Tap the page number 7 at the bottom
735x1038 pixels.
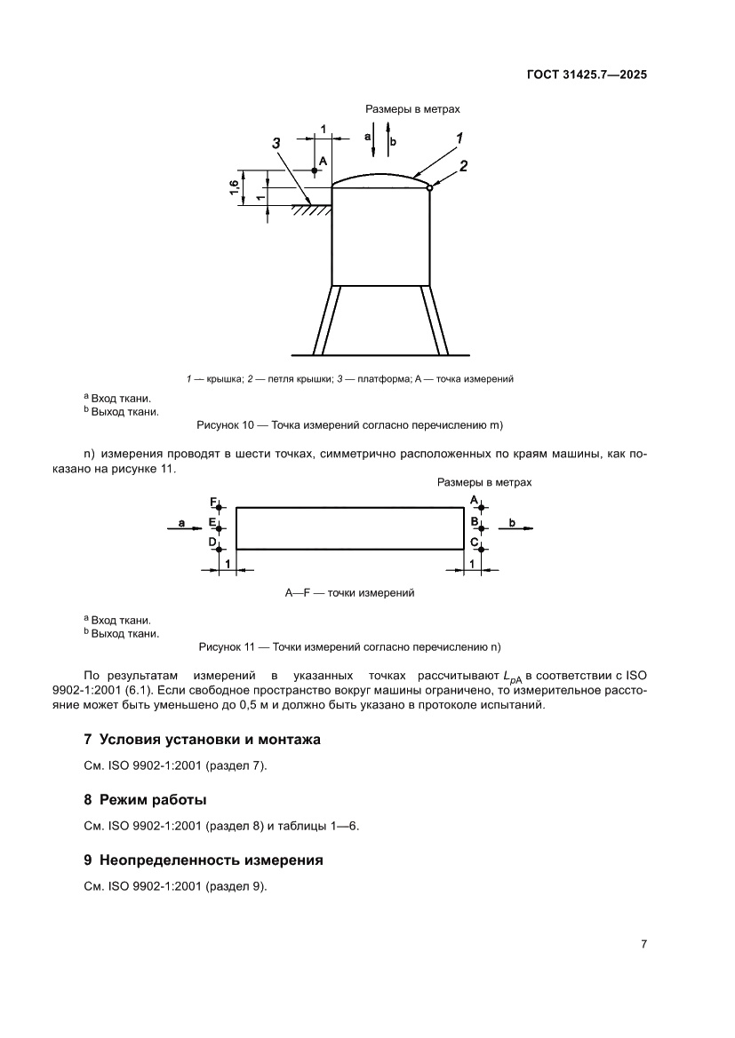coord(643,944)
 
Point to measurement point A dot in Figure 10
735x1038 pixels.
coord(315,170)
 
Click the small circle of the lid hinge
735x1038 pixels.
coord(429,187)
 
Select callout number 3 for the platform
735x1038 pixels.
coord(276,143)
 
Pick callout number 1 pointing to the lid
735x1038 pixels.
coord(459,138)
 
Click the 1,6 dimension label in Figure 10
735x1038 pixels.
coord(233,187)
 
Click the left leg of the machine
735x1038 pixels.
coord(323,320)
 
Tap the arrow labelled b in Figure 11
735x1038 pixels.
coord(520,528)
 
